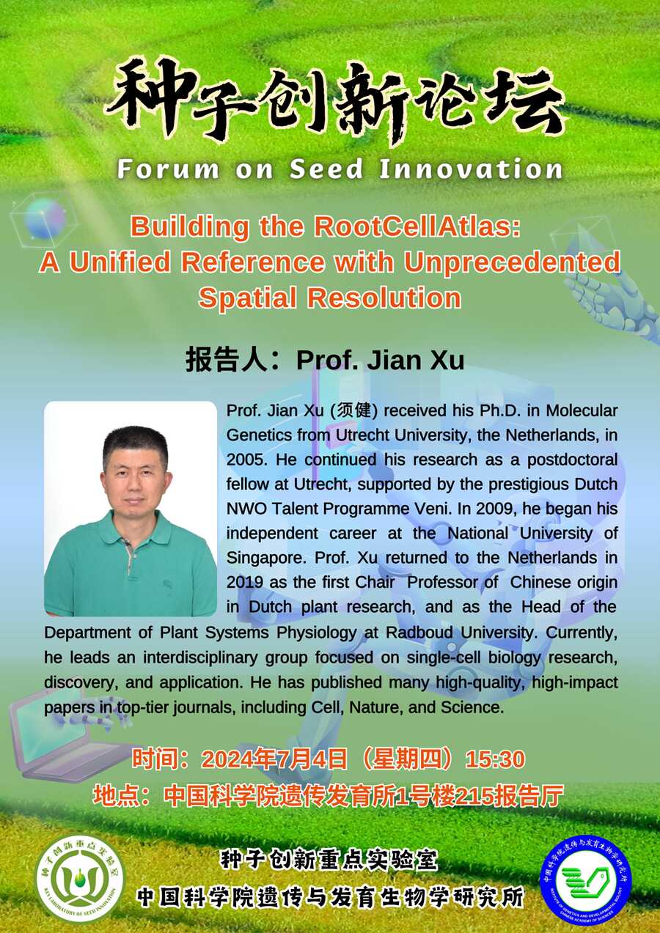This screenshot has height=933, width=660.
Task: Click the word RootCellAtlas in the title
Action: [x=417, y=226]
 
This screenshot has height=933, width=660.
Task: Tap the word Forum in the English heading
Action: [x=167, y=169]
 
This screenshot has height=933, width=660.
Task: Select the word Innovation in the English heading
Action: [x=471, y=169]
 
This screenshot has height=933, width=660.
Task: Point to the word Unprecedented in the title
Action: [x=512, y=262]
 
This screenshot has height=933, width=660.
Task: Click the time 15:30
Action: [x=495, y=759]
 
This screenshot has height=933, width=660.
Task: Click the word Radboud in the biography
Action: [x=419, y=633]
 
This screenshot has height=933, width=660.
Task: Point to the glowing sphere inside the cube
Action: [x=45, y=218]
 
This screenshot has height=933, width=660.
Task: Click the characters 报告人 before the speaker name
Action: [x=227, y=360]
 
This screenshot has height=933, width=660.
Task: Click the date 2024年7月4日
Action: [x=274, y=759]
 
